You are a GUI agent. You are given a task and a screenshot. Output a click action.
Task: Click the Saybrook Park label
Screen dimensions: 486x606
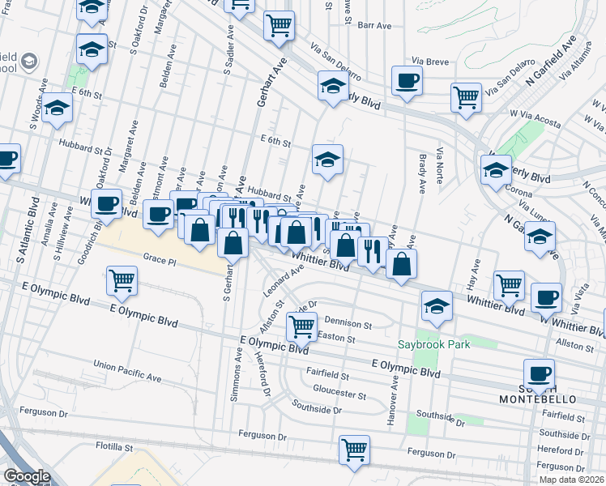click(433, 344)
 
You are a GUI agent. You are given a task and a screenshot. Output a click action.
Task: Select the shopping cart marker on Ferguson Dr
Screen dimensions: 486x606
click(354, 450)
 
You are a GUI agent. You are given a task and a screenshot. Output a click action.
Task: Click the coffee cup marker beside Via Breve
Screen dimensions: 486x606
click(407, 81)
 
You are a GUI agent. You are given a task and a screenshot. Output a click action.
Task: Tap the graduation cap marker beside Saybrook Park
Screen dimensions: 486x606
click(436, 307)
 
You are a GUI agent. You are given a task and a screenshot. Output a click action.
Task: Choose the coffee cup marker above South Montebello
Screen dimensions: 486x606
click(539, 374)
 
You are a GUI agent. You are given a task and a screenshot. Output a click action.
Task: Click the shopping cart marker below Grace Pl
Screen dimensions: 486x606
click(122, 281)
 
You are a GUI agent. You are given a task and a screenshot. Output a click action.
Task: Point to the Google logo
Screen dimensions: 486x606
click(27, 476)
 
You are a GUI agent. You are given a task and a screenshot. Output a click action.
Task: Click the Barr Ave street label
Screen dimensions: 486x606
click(374, 26)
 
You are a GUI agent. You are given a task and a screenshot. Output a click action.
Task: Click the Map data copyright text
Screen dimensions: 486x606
click(570, 480)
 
